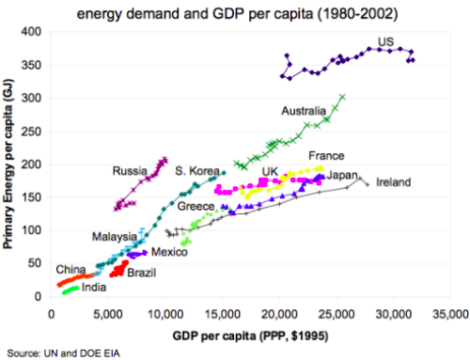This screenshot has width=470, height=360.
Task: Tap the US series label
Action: tap(385, 41)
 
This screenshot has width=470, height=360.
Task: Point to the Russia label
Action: tap(130, 171)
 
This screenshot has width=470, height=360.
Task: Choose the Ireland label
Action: tap(393, 182)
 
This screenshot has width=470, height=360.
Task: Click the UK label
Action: tap(270, 171)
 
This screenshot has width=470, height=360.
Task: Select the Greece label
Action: tap(196, 206)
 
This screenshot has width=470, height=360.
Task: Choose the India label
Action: tap(93, 288)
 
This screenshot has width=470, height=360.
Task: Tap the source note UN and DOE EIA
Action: tap(65, 352)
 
